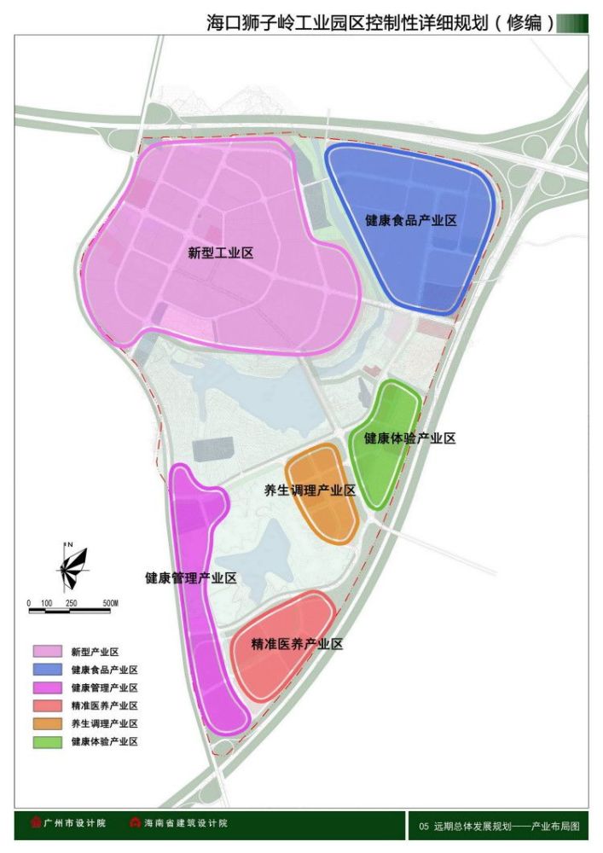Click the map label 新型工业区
[221, 252]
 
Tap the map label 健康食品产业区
[411, 220]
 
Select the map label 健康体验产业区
[410, 438]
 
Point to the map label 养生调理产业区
[310, 490]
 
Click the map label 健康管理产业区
[191, 577]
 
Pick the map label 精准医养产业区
[297, 644]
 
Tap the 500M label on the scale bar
[108, 603]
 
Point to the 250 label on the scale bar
[72, 603]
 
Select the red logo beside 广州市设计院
[35, 823]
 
